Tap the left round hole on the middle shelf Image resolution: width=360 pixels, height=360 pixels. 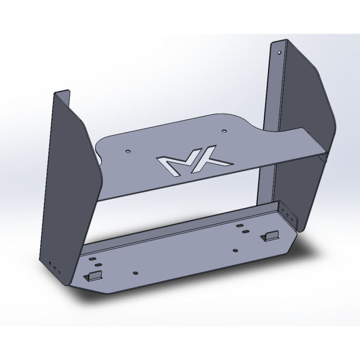pyautogui.click(x=128, y=152)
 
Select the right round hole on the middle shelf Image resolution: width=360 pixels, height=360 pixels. pyautogui.click(x=224, y=132)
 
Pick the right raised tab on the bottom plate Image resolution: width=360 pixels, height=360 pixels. pyautogui.click(x=270, y=236)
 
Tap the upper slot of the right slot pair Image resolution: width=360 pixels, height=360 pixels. pyautogui.click(x=240, y=225)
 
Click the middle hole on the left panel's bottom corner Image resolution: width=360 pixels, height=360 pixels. pyautogui.click(x=55, y=268)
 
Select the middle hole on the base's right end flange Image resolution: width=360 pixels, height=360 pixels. pyautogui.click(x=291, y=217)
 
